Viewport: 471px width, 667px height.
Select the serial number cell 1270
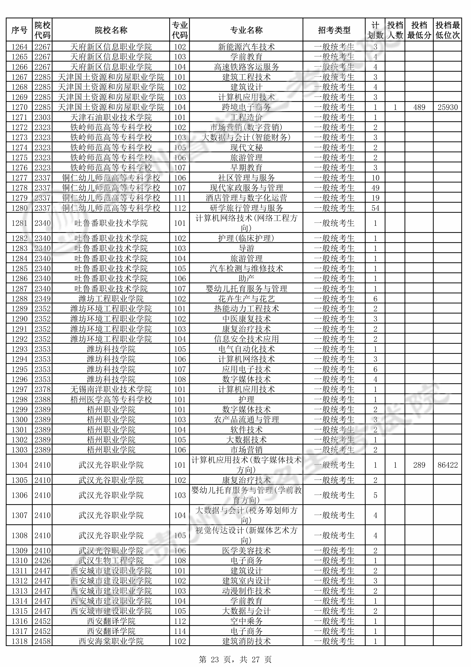click(x=19, y=107)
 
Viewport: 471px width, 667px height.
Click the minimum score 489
click(x=419, y=107)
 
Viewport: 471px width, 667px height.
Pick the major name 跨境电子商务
click(x=246, y=107)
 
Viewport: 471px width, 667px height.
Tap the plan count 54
click(x=375, y=208)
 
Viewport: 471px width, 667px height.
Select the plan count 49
click(x=375, y=188)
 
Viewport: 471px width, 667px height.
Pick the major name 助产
click(x=246, y=279)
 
